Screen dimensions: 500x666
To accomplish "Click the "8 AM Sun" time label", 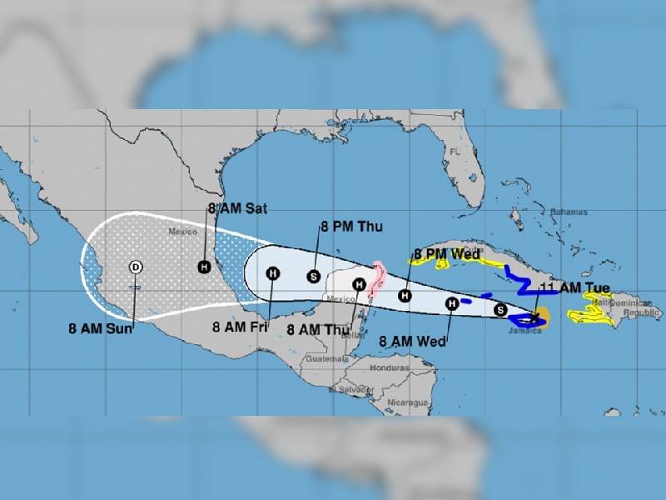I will click(101, 327).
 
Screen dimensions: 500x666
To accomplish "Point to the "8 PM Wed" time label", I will click(446, 254).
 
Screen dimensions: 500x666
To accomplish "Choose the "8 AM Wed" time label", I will click(412, 340).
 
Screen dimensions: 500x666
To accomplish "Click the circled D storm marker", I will click(136, 267).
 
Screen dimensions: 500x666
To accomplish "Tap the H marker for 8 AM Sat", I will click(204, 267).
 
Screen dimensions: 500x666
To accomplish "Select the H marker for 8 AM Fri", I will click(272, 273).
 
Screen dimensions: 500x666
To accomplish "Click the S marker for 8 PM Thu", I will click(314, 275).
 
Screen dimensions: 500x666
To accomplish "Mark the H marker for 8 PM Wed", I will click(405, 295).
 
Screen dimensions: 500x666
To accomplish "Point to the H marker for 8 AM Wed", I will click(451, 304).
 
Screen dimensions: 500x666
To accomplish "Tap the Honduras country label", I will click(390, 367).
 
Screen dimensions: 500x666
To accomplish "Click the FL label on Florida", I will click(455, 152).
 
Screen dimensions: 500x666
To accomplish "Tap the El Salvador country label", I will click(349, 389).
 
